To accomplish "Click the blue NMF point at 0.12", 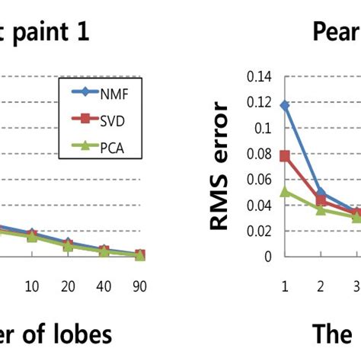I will click(285, 105).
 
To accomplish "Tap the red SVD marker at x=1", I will click(285, 155).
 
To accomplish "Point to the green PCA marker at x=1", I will click(285, 191).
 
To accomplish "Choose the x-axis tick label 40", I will click(104, 286).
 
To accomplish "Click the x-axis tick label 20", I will click(68, 286).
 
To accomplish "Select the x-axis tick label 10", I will click(32, 286).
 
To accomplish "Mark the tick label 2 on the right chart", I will click(321, 286).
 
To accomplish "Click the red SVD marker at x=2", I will click(321, 200).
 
